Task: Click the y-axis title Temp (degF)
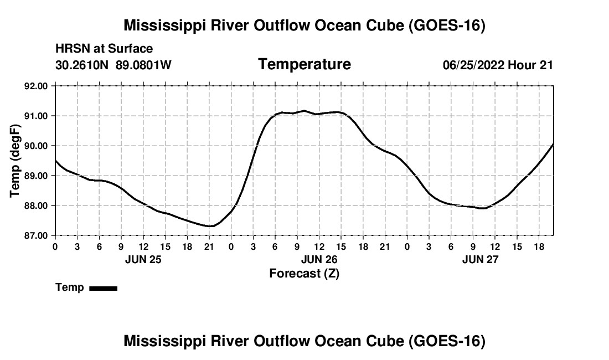pyautogui.click(x=16, y=161)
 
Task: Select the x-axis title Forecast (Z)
pyautogui.click(x=304, y=273)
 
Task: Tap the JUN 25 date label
pyautogui.click(x=143, y=259)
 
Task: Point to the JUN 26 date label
pyautogui.click(x=319, y=259)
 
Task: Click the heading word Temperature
pyautogui.click(x=304, y=64)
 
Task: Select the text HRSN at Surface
pyautogui.click(x=104, y=49)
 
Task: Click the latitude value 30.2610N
pyautogui.click(x=82, y=65)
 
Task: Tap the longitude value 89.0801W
pyautogui.click(x=143, y=65)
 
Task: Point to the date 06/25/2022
pyautogui.click(x=473, y=65)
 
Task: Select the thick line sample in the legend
pyautogui.click(x=103, y=288)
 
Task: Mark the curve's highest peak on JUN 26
pyautogui.click(x=304, y=111)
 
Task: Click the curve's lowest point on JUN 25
pyautogui.click(x=210, y=226)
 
